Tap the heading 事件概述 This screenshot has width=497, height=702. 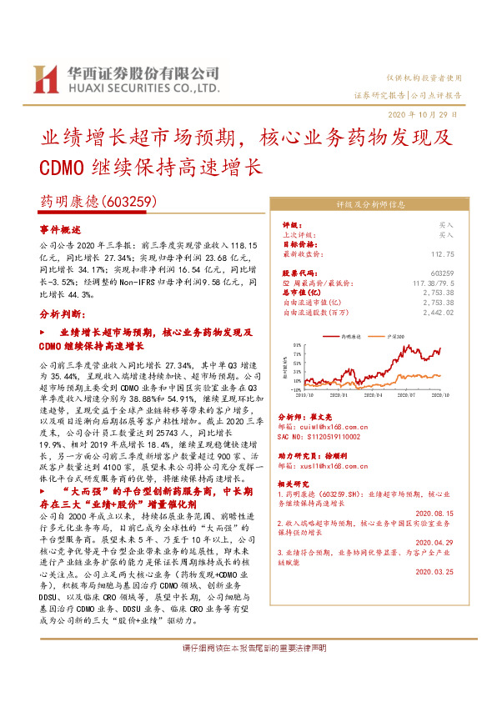tap(58, 229)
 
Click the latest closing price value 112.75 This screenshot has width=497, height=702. tap(441, 254)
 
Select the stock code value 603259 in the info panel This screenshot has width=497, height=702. tap(443, 273)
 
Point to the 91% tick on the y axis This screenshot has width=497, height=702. tap(297, 343)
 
